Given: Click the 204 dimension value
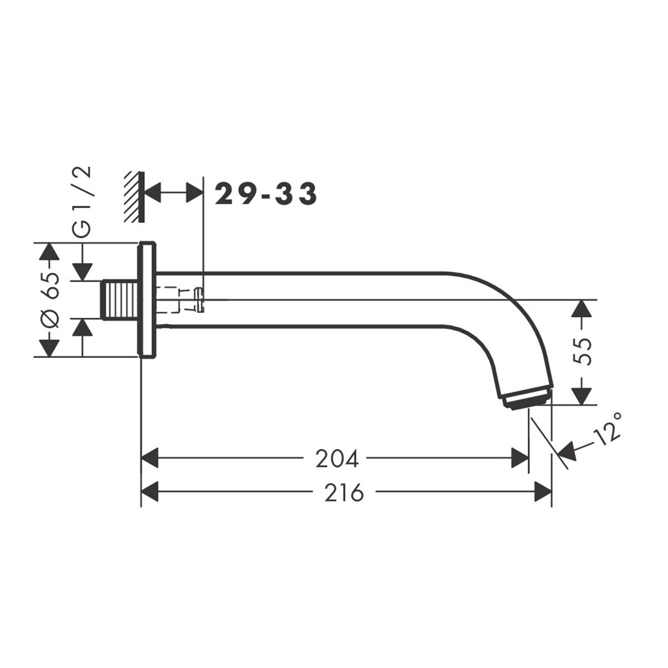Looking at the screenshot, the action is click(337, 460).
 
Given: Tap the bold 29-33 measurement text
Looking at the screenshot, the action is click(266, 194).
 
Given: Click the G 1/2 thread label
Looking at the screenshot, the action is click(82, 202).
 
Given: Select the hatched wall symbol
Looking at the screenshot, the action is click(135, 197).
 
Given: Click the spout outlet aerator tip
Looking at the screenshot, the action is click(527, 398).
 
